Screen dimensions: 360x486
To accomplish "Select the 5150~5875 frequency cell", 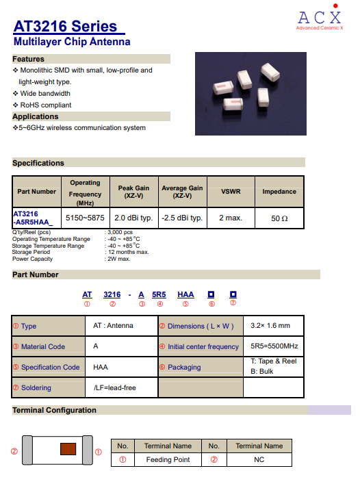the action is (x=85, y=218).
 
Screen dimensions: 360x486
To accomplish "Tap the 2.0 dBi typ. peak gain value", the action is (x=133, y=218).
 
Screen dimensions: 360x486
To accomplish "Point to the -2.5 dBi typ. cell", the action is (x=182, y=218).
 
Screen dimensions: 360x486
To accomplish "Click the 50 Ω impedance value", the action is (x=279, y=218).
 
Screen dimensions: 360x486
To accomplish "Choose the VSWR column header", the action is (x=231, y=192).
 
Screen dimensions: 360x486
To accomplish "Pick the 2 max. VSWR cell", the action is (x=231, y=218).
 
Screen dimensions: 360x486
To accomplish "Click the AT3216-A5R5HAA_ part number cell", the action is (x=33, y=218).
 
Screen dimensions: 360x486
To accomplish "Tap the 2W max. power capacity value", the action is (x=119, y=259).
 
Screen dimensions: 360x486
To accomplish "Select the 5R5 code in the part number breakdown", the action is (x=159, y=294).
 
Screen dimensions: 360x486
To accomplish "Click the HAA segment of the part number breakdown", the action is (x=185, y=294).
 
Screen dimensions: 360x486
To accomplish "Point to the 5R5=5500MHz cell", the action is (x=274, y=346).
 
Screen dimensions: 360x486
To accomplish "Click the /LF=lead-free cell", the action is (x=114, y=387).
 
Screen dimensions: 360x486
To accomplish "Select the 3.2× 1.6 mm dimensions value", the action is (x=270, y=325).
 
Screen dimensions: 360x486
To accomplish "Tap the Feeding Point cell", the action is (x=168, y=459).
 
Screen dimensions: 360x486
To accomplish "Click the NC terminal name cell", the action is (x=259, y=459).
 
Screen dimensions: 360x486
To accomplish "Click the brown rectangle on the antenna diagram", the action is (x=68, y=449).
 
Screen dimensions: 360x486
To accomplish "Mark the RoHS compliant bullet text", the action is (x=46, y=105).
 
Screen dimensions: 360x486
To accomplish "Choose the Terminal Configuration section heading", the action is (x=54, y=410).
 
